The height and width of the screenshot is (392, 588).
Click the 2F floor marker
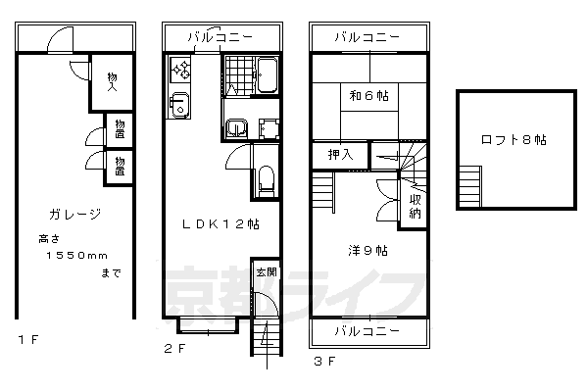point(173,347)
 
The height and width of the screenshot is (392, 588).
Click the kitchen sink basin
point(178,105)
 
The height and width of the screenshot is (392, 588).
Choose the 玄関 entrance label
point(266,271)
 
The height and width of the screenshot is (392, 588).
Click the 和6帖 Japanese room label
point(367,96)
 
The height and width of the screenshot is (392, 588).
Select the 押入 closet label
point(340,154)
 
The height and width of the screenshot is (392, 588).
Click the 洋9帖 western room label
point(367,251)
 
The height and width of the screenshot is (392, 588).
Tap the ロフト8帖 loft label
point(513,139)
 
